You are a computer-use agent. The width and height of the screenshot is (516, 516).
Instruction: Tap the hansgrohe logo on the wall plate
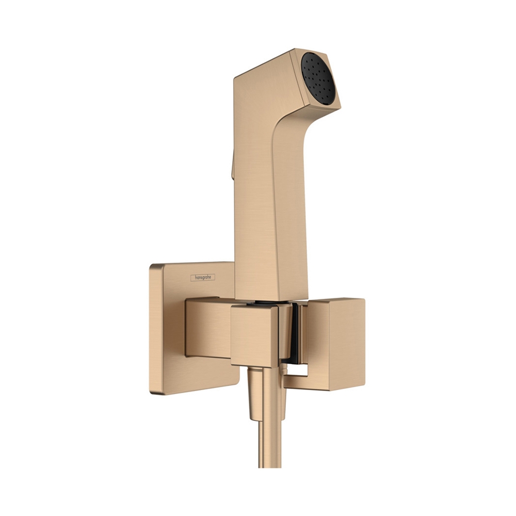click(x=203, y=278)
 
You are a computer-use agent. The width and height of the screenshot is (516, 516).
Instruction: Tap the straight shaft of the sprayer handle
click(x=268, y=206)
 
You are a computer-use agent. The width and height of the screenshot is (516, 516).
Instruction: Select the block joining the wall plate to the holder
click(x=206, y=328)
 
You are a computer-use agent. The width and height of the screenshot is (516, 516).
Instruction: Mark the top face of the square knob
click(x=335, y=301)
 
